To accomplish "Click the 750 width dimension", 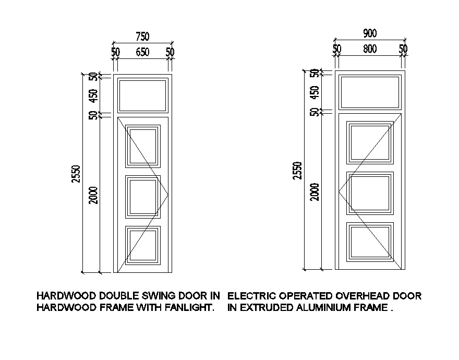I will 142,37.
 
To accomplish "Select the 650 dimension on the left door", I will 142,52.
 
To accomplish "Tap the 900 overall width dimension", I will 370,33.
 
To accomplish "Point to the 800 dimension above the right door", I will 370,49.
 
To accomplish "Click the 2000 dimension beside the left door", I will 93,195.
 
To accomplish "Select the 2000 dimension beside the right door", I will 315,191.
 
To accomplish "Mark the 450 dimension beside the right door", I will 315,92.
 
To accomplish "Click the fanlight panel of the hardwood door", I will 142,94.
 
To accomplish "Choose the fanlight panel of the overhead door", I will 370,92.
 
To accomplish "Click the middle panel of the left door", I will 142,196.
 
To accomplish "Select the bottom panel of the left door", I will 142,245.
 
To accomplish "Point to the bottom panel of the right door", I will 370,242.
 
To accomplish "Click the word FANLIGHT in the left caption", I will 189,308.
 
